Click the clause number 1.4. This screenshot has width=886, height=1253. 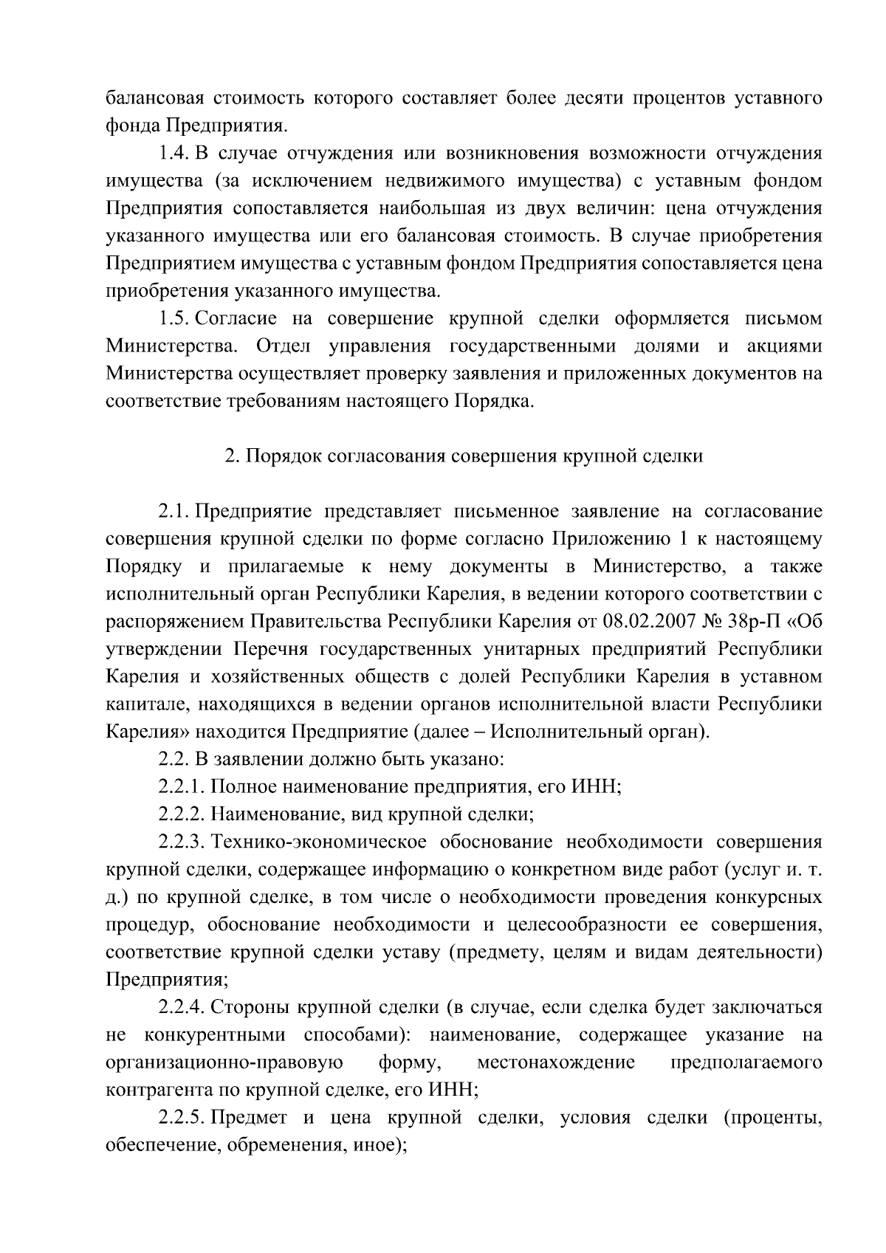174,154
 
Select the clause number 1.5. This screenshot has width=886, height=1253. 174,319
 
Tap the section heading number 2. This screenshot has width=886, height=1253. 230,456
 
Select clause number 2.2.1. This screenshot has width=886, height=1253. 182,787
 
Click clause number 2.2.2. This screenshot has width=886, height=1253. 182,814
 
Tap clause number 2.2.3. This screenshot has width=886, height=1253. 182,842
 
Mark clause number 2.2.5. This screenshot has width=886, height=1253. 182,1118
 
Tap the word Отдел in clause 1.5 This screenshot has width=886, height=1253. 283,346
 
